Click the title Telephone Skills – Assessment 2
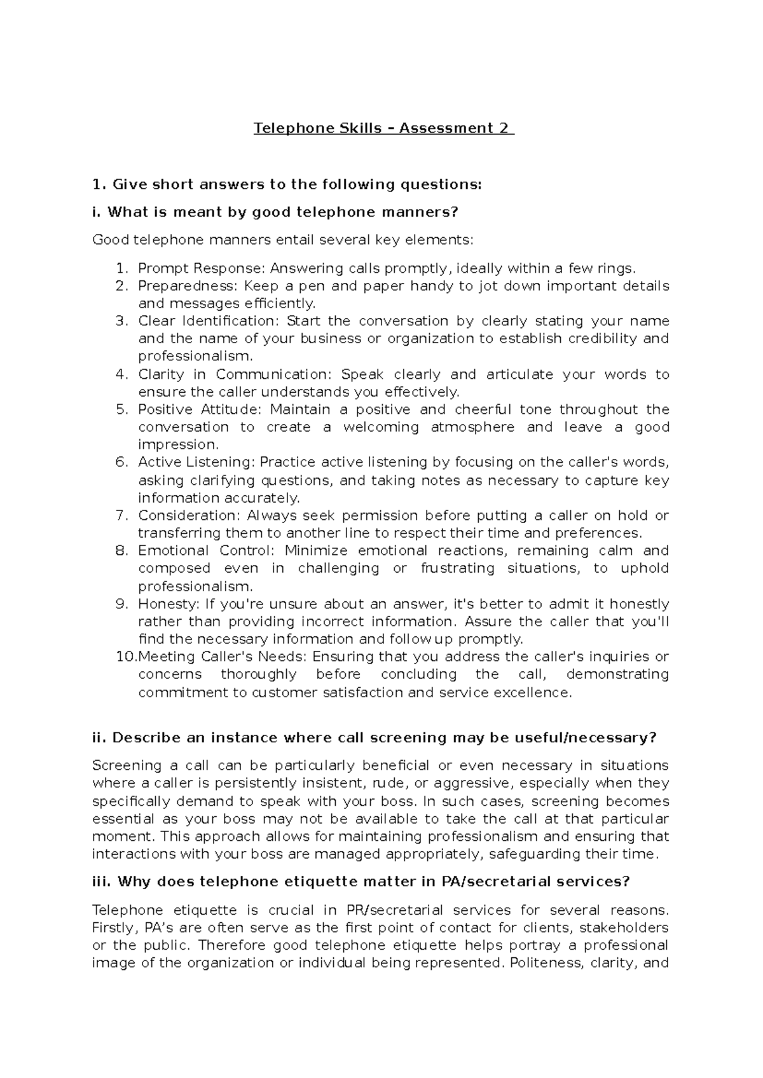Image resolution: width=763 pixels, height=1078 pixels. (383, 128)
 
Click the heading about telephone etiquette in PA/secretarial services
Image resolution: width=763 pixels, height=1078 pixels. (361, 882)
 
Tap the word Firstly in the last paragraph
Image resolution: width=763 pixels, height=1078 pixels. (112, 927)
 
